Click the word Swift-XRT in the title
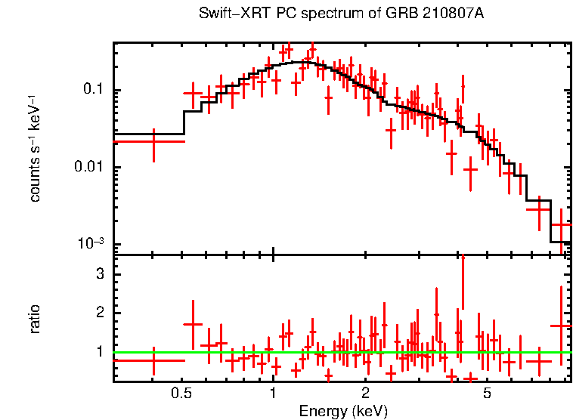(226, 14)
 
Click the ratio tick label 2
(98, 313)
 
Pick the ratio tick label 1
(98, 352)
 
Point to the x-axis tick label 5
(487, 393)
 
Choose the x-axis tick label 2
(365, 393)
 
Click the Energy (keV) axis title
(342, 411)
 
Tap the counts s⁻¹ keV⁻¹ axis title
(36, 148)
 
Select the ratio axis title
(36, 319)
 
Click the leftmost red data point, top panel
(154, 141)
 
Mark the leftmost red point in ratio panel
(154, 360)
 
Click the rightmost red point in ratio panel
(561, 326)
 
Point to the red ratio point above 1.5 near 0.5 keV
(193, 324)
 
